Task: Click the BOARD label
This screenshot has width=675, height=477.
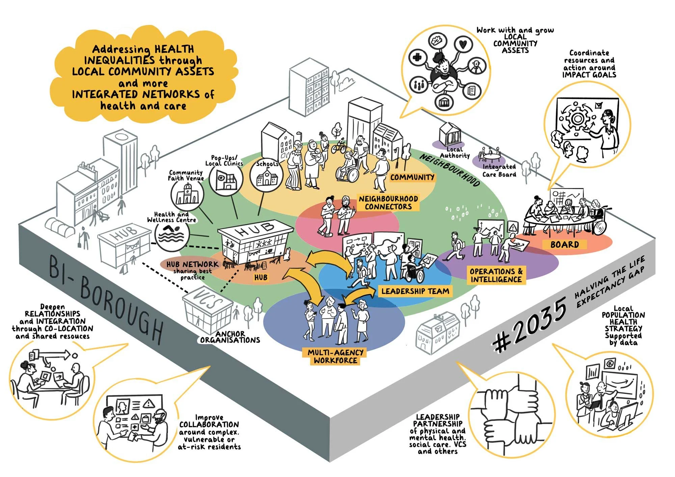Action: click(x=564, y=244)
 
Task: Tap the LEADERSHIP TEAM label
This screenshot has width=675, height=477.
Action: click(x=415, y=291)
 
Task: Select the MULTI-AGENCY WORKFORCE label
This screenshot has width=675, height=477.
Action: click(x=335, y=357)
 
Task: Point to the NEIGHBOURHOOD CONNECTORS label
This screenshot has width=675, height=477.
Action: click(x=388, y=203)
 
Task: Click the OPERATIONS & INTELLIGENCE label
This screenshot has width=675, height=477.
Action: click(x=496, y=275)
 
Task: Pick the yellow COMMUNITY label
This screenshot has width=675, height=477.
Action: click(x=412, y=177)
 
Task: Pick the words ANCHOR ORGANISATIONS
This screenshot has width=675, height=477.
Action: click(x=230, y=337)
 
